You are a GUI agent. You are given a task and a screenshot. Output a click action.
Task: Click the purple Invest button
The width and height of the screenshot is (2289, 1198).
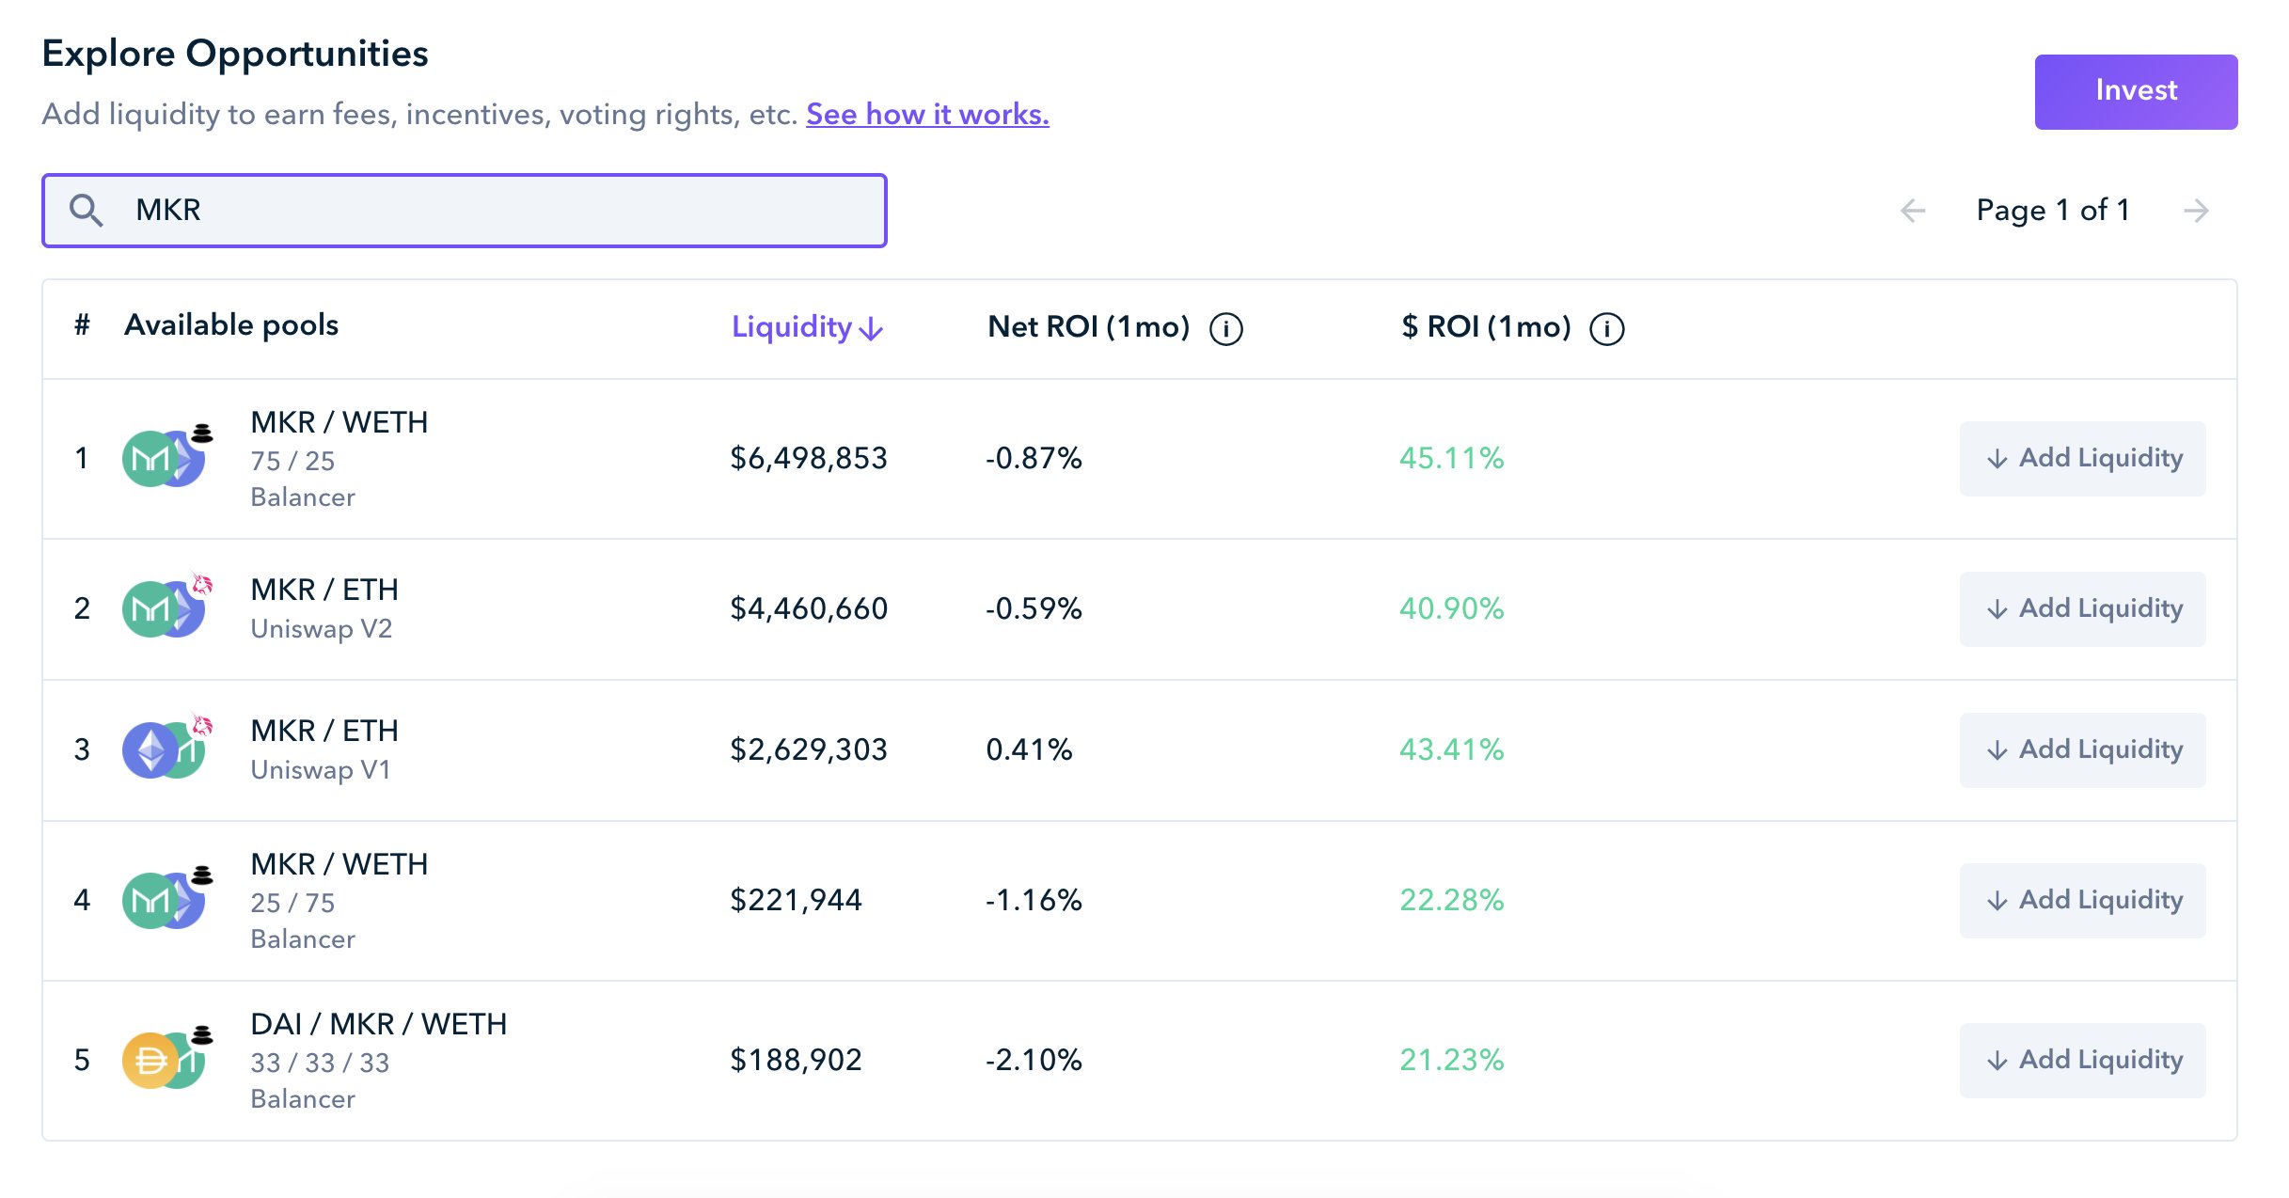coord(2136,91)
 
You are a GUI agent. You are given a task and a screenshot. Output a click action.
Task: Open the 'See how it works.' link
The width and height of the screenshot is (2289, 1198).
coord(927,115)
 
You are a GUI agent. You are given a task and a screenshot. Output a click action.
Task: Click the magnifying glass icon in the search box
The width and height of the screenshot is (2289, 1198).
coord(86,211)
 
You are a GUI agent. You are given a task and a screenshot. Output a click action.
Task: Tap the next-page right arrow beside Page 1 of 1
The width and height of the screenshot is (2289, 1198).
coord(2196,211)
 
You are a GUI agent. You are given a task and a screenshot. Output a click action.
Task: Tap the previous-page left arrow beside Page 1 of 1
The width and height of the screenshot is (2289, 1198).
coord(1913,211)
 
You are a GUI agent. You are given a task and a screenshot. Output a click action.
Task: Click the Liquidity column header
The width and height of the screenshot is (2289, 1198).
coord(807,327)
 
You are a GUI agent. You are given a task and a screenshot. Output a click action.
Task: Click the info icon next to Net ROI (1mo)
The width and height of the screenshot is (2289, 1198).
coord(1225,329)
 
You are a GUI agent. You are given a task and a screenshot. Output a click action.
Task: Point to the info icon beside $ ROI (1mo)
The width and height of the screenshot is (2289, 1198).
coord(1606,329)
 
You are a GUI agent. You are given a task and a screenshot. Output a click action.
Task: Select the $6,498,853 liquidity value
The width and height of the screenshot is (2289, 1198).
coord(809,459)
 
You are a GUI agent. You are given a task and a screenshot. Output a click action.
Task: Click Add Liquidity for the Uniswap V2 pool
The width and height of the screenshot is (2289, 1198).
coord(2082,609)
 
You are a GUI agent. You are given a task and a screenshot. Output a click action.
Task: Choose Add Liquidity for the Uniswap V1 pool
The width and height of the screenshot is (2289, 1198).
coord(2082,750)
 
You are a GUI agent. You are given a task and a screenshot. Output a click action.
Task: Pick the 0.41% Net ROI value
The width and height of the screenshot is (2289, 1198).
coord(1029,750)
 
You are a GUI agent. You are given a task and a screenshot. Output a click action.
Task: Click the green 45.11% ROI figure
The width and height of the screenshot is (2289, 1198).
coord(1451,459)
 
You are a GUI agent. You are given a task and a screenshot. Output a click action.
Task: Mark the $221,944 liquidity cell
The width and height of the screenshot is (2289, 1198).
coord(796,901)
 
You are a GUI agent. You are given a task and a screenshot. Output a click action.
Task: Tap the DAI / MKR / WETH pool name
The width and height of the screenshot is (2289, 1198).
coord(378,1024)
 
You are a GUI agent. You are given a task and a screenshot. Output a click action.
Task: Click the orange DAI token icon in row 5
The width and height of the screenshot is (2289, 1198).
coord(149,1061)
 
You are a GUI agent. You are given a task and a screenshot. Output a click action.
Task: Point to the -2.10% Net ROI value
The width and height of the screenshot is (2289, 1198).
coord(1034,1061)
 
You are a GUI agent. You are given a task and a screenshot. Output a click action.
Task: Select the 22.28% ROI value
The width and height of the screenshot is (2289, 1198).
coord(1451,901)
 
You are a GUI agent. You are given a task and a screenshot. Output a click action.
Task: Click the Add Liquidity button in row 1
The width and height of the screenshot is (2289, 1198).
coord(2082,459)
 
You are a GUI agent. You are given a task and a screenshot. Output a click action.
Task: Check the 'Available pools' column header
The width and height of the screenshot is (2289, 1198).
coord(231,325)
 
